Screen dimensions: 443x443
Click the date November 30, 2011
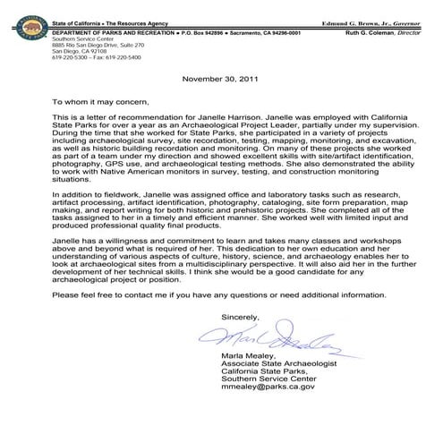220,78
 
